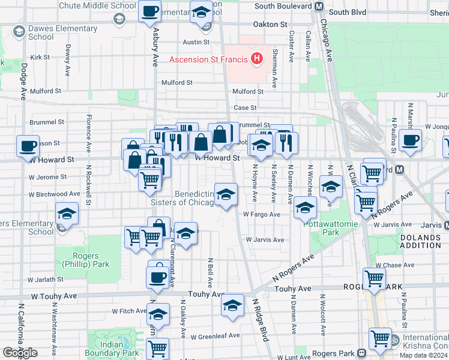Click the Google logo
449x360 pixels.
20,352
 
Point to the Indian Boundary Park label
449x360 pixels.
112,349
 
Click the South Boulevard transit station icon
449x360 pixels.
319,6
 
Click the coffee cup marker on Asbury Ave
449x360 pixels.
149,10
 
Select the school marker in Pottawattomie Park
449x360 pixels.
305,208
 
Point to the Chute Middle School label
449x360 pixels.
97,5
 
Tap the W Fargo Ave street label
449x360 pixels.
262,214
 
